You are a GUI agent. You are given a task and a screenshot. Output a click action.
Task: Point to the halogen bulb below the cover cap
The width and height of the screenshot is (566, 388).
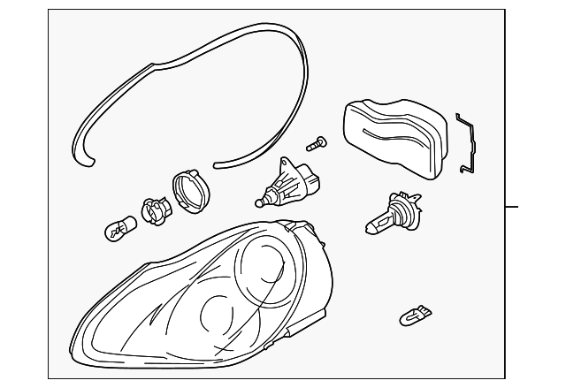tap(389, 217)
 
